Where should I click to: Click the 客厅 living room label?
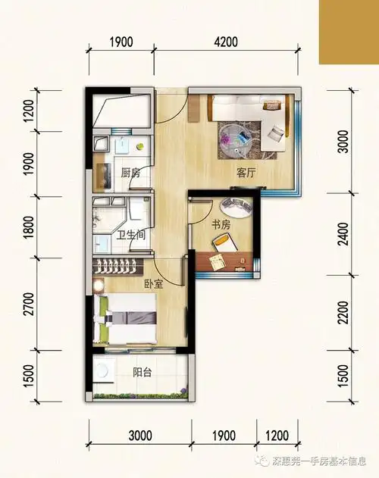click(246, 173)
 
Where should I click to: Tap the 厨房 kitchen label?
click(130, 173)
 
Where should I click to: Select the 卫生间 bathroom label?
click(132, 236)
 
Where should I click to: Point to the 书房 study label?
click(221, 225)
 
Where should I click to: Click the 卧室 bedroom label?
click(153, 284)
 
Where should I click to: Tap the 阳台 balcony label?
click(143, 372)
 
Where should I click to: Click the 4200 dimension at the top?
click(226, 42)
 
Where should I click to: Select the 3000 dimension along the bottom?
click(140, 436)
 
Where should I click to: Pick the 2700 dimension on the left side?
click(30, 304)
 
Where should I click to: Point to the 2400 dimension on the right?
click(343, 234)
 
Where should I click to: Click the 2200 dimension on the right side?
click(343, 313)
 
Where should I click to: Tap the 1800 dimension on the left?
click(30, 227)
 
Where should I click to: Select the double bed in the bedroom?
click(125, 319)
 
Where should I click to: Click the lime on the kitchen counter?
click(140, 146)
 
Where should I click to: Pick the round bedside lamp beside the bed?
click(99, 285)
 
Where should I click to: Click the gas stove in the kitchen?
click(103, 177)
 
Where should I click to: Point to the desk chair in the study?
click(224, 242)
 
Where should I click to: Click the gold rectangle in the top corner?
click(349, 32)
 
